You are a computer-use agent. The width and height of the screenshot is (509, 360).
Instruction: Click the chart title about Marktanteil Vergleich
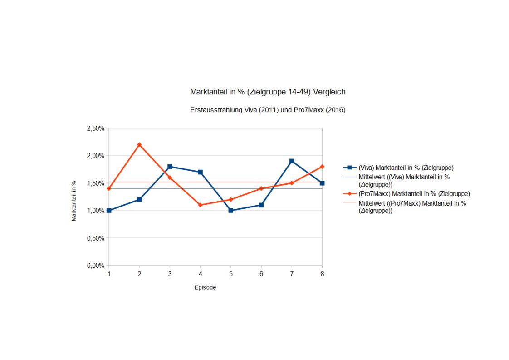click(x=268, y=92)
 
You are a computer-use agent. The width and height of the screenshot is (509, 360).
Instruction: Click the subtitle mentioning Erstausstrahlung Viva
click(x=268, y=110)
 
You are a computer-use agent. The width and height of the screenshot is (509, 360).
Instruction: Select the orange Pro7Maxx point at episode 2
click(x=139, y=145)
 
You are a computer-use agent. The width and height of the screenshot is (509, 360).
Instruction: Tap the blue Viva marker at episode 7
click(x=292, y=161)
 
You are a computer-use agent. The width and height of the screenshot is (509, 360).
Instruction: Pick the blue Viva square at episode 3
click(x=170, y=167)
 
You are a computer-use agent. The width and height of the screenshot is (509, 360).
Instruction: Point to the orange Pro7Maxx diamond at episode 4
click(x=200, y=205)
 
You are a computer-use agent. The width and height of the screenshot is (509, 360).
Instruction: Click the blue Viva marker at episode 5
click(x=231, y=211)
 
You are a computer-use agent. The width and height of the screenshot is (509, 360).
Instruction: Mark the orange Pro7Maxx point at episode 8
click(x=322, y=167)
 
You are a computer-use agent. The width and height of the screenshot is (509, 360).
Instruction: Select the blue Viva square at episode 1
click(x=109, y=211)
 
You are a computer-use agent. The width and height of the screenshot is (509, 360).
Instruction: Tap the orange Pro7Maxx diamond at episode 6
click(x=261, y=188)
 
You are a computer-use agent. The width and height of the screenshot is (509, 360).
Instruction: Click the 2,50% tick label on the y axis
click(x=95, y=128)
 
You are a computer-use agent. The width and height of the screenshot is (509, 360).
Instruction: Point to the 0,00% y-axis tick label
click(x=95, y=266)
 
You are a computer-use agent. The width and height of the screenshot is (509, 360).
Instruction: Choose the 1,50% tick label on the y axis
click(x=95, y=183)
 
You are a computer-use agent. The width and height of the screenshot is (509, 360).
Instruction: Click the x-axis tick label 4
click(x=200, y=274)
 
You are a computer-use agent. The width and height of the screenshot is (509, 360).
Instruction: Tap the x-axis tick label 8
click(x=322, y=274)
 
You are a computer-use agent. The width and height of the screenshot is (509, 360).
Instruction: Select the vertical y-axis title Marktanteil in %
click(x=73, y=201)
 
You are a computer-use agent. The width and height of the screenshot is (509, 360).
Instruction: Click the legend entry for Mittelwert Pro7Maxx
click(x=412, y=207)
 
